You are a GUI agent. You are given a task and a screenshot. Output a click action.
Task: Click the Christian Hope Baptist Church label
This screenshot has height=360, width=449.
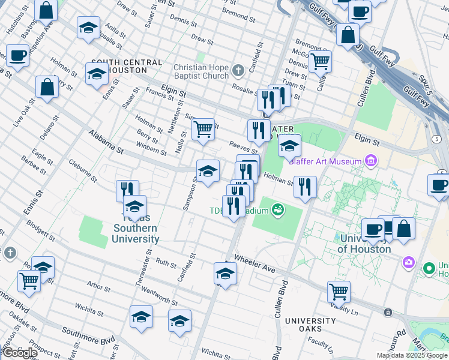[x=201, y=71]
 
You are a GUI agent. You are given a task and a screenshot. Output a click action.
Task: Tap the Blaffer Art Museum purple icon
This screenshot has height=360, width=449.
[x=371, y=161]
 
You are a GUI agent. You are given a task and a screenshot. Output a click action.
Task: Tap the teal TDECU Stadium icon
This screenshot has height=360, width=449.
[x=277, y=209]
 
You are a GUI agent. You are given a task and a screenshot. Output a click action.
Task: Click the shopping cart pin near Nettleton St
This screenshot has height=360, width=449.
[x=203, y=129]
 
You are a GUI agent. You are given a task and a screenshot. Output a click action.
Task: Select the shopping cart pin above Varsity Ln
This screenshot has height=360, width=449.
[x=339, y=292]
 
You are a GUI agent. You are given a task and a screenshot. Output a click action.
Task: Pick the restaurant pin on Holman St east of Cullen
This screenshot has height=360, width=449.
[x=306, y=187]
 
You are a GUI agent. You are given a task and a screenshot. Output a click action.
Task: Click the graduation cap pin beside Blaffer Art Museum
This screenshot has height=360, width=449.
[x=289, y=145]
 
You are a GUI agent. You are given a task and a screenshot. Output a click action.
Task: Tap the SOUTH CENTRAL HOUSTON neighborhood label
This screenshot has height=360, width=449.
[x=127, y=67]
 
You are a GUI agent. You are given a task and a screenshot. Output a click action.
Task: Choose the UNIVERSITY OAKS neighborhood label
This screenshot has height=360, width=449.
[x=310, y=325]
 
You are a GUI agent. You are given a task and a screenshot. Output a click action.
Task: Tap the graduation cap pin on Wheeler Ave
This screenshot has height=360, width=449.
[x=225, y=274]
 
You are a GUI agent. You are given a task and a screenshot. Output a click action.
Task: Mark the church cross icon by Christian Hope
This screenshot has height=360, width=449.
[x=238, y=71]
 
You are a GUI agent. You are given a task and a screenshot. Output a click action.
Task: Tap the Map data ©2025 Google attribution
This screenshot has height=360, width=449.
[x=412, y=355]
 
